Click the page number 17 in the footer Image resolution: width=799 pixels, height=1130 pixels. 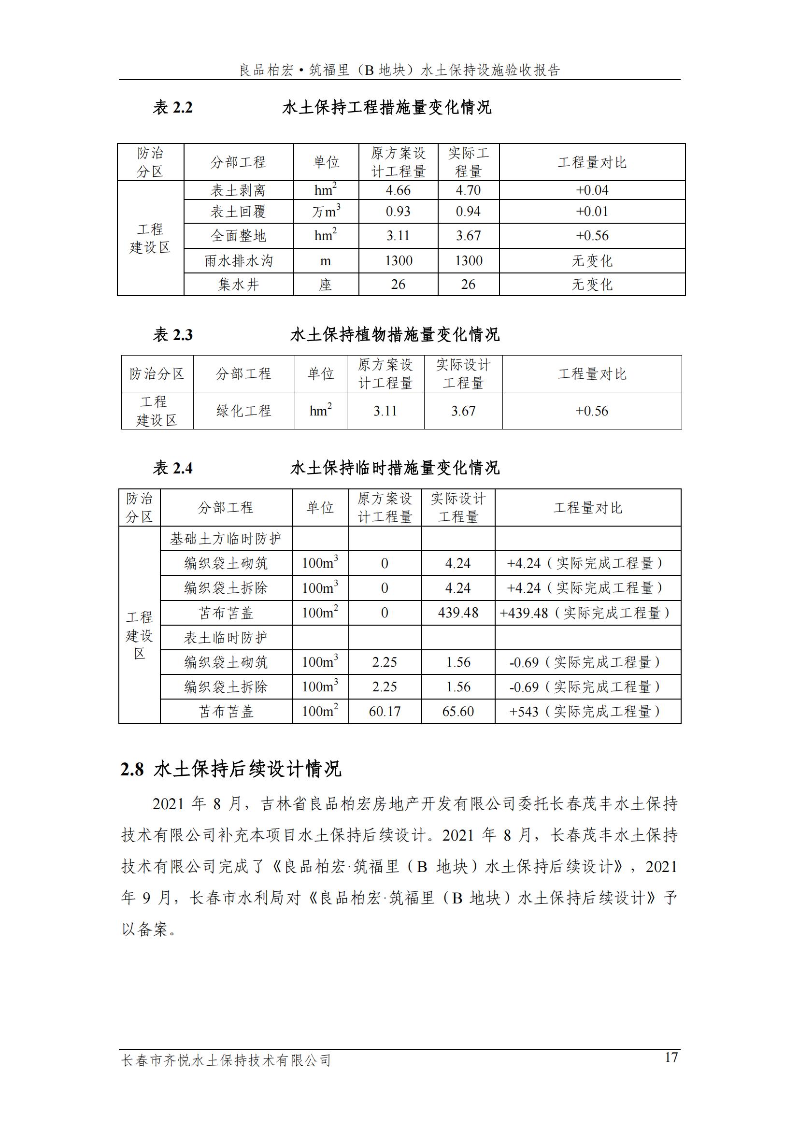click(x=671, y=1057)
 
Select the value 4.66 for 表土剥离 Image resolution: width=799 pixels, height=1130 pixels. click(x=398, y=190)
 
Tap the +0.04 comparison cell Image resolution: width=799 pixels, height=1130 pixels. click(x=592, y=190)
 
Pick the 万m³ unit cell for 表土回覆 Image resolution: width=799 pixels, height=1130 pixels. click(x=326, y=212)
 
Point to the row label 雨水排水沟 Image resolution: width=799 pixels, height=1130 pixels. click(x=239, y=261)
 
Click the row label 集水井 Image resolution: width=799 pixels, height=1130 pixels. click(x=239, y=285)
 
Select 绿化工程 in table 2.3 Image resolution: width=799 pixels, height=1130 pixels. click(x=243, y=411)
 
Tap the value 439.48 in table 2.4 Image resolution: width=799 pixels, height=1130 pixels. click(x=458, y=613)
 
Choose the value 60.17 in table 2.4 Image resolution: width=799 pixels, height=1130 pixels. click(x=385, y=711)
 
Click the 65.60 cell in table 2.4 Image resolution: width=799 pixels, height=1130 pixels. click(x=458, y=711)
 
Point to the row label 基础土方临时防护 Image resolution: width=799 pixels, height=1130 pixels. click(x=226, y=539)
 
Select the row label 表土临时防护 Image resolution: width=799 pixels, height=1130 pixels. click(x=226, y=638)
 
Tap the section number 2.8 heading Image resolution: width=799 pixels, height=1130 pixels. click(x=132, y=769)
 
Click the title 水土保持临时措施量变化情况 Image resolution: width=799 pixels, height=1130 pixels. click(x=395, y=468)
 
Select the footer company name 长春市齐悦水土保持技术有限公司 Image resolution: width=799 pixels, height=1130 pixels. click(x=226, y=1060)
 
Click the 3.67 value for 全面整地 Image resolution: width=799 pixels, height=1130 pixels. click(x=468, y=236)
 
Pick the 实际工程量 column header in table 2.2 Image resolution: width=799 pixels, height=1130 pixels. click(x=468, y=162)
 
